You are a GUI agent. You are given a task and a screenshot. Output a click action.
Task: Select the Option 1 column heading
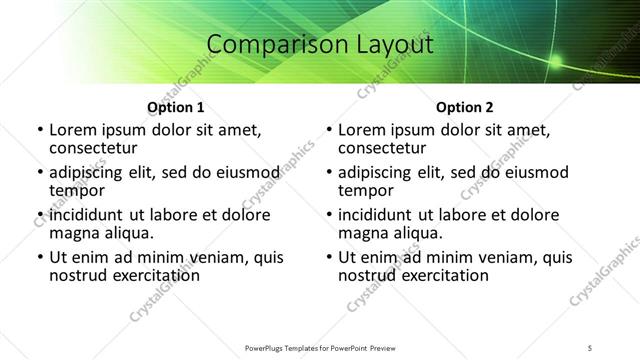(175, 107)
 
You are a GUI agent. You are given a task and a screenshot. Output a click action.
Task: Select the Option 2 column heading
(464, 107)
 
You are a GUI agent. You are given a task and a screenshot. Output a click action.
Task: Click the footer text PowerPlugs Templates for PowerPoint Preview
(320, 347)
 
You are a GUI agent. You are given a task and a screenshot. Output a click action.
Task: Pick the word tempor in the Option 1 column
(77, 190)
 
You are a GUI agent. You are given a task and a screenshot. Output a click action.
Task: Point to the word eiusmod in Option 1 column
(238, 172)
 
